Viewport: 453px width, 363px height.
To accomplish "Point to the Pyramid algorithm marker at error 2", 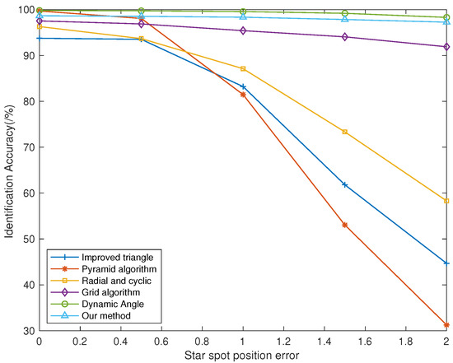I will coord(446,325).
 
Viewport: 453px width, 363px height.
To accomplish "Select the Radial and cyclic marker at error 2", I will coord(446,201).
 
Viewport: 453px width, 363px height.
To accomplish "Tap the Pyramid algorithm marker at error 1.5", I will coord(344,225).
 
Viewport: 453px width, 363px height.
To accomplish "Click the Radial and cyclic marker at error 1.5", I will coord(344,132).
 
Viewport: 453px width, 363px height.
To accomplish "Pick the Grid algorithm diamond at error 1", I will coord(243,30).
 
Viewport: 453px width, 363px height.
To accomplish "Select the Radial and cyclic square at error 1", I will coord(243,68).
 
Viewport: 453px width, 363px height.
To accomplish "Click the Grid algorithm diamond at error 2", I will coord(446,47).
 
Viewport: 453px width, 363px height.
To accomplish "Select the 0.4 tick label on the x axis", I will coord(121,341).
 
